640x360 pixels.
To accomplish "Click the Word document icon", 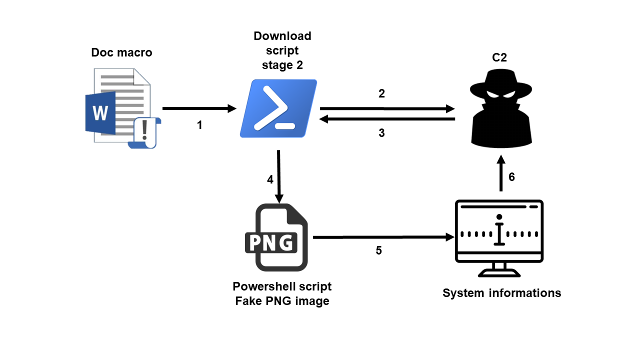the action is tap(123, 108).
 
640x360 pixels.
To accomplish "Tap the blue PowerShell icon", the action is tap(278, 108).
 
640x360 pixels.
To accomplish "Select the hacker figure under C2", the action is tap(501, 108).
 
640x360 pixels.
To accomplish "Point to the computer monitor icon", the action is tap(499, 238).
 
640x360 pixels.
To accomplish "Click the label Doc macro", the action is tap(121, 52).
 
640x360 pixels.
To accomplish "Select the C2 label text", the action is tap(499, 57).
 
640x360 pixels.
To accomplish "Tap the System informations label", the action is tap(501, 293).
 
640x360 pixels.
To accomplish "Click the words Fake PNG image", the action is tap(282, 301).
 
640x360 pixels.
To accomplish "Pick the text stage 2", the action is tap(282, 65).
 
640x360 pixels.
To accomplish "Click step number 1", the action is tap(199, 125).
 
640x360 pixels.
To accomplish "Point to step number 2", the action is tap(381, 93).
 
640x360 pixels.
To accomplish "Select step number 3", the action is tap(381, 133).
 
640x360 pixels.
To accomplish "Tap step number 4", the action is tap(270, 179).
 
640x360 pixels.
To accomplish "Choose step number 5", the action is tap(379, 250).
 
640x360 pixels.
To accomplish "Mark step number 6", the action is tap(511, 177).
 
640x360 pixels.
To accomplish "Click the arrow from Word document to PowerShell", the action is tap(199, 108).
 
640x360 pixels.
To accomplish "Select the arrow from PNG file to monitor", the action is tap(383, 237).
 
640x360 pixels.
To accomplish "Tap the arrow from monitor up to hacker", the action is tap(501, 173).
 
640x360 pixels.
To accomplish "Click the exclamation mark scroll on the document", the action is tap(144, 132).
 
